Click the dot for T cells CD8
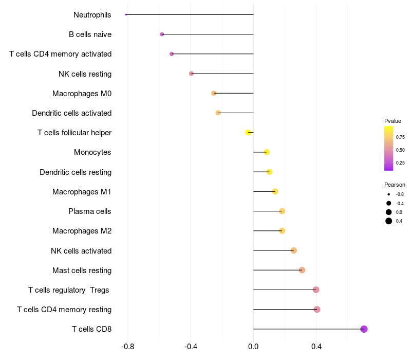pyautogui.click(x=364, y=329)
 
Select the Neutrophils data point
pyautogui.click(x=126, y=14)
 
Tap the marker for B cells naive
pyautogui.click(x=162, y=34)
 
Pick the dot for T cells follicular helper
pyautogui.click(x=248, y=133)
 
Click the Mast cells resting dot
pyautogui.click(x=302, y=270)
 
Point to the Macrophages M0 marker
pyautogui.click(x=214, y=93)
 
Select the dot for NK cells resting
pyautogui.click(x=191, y=74)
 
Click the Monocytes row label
pyautogui.click(x=92, y=152)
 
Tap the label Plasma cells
pyautogui.click(x=90, y=211)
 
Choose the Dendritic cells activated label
pyautogui.click(x=71, y=113)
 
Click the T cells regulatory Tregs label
pyautogui.click(x=69, y=290)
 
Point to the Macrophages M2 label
pyautogui.click(x=82, y=231)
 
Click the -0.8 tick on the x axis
pyautogui.click(x=128, y=347)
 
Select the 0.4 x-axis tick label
pyautogui.click(x=316, y=347)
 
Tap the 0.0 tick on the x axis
pyautogui.click(x=253, y=347)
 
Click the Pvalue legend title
pyautogui.click(x=393, y=121)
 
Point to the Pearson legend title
pyautogui.click(x=395, y=185)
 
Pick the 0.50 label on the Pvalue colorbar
pyautogui.click(x=400, y=150)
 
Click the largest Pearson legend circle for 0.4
pyautogui.click(x=389, y=221)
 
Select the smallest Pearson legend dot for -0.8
pyautogui.click(x=389, y=194)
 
